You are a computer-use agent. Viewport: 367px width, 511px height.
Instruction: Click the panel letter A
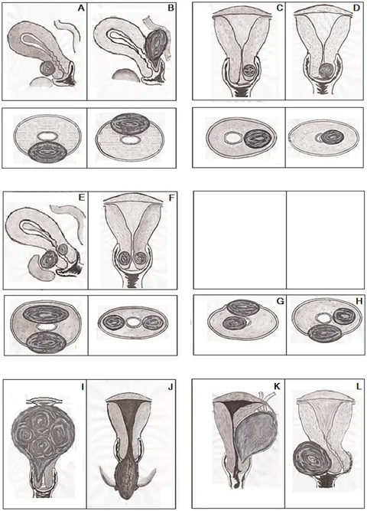pos(81,8)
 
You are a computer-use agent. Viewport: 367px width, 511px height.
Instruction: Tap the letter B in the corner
pos(171,8)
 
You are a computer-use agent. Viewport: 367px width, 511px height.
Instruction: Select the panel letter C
pos(280,8)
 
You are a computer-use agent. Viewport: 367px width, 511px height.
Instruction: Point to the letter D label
pos(356,8)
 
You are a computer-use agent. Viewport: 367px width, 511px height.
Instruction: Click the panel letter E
pos(82,197)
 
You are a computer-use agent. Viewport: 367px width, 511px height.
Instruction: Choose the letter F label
pos(171,197)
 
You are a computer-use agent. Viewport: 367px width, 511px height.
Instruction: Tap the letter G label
pos(280,301)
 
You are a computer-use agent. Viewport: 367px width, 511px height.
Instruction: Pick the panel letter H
pos(359,301)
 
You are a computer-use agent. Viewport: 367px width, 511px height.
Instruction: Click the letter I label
pos(83,387)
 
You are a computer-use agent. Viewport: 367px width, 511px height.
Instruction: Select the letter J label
pos(171,387)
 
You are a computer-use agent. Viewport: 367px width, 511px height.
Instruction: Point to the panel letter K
pos(278,387)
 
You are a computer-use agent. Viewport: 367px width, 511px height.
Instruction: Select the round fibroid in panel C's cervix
pos(250,70)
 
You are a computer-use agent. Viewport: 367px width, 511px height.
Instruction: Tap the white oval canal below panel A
pos(47,136)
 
